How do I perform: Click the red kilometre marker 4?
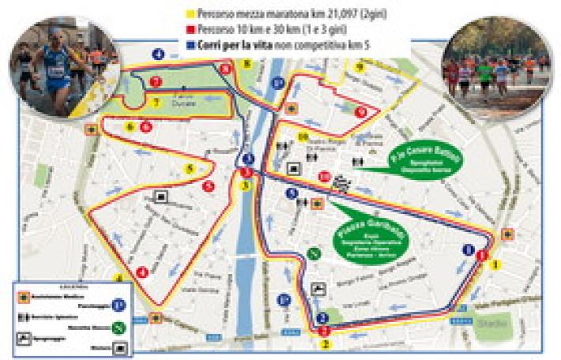(x=143, y=272)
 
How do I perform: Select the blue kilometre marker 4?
(x=158, y=54)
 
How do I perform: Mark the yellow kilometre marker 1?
(x=495, y=264)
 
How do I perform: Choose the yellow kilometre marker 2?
(x=324, y=343)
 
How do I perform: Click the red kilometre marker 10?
(x=323, y=176)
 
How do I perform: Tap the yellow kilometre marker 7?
(x=156, y=103)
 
